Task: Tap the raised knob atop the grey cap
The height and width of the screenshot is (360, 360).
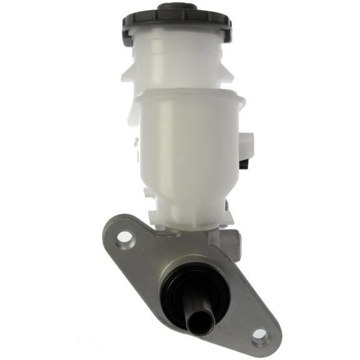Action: pos(177,7)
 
